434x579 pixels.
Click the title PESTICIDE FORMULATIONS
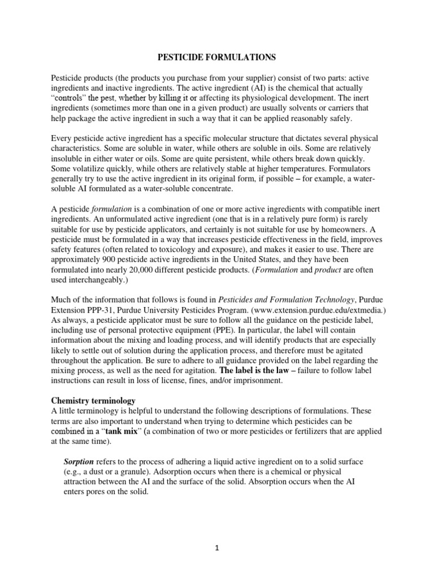(x=216, y=57)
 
